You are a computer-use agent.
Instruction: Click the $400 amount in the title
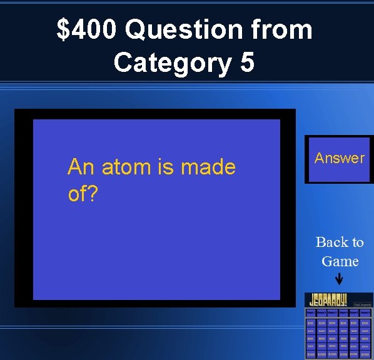[x=87, y=29]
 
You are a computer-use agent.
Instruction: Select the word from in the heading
[x=279, y=29]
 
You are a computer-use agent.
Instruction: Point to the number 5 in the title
[x=247, y=62]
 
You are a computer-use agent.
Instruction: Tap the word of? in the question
[x=83, y=194]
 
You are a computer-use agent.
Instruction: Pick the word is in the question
[x=166, y=167]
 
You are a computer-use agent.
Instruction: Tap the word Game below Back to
[x=340, y=261]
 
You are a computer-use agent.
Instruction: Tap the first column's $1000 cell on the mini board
[x=311, y=354]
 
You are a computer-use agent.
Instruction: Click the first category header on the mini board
[x=311, y=311]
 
